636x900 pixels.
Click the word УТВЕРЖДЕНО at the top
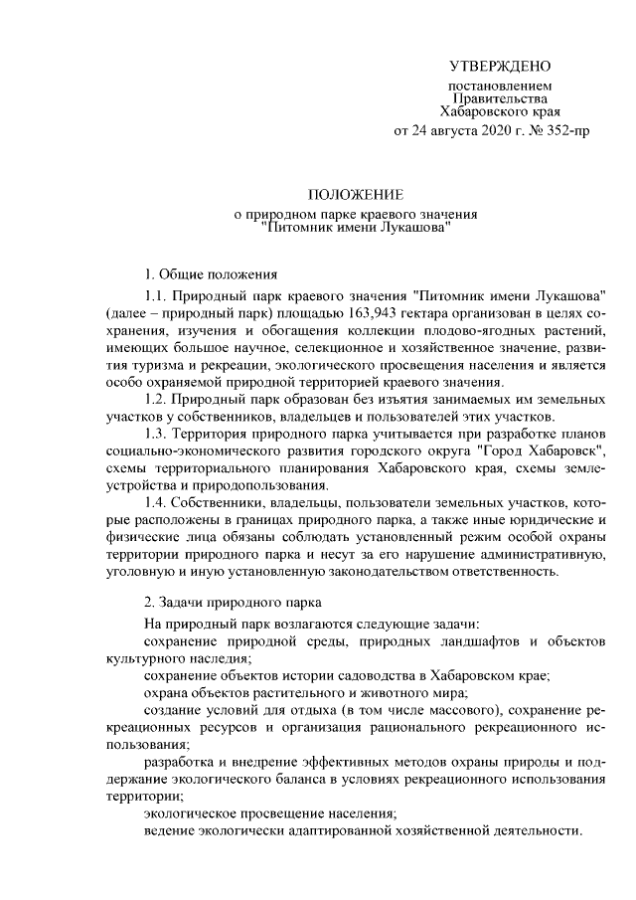tap(500, 67)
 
